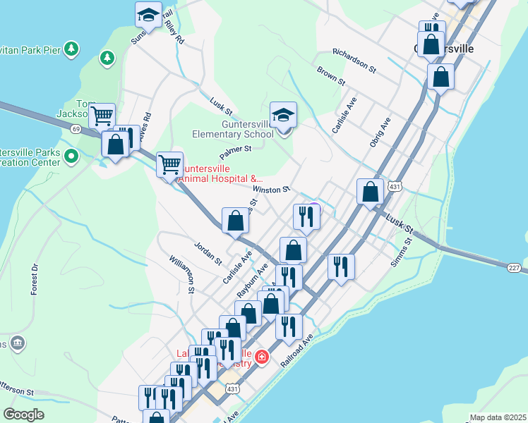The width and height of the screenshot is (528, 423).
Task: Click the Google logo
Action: [x=24, y=415]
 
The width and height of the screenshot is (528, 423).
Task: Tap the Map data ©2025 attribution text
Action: [x=498, y=417]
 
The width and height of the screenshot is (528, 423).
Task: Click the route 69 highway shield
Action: [x=76, y=128]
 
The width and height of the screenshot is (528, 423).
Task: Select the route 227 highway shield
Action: [x=514, y=267]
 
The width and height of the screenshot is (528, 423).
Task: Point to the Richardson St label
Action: [x=355, y=61]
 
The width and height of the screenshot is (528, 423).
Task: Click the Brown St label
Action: [x=330, y=76]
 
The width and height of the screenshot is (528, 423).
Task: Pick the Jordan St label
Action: [x=208, y=252]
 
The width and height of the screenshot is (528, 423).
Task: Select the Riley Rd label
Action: [x=174, y=32]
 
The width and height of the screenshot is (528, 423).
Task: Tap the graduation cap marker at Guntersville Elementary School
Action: [x=283, y=114]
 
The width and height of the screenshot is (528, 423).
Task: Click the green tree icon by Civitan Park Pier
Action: [x=71, y=48]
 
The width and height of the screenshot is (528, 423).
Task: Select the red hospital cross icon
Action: [x=262, y=357]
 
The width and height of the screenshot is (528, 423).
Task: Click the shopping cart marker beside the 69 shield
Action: [x=102, y=115]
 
